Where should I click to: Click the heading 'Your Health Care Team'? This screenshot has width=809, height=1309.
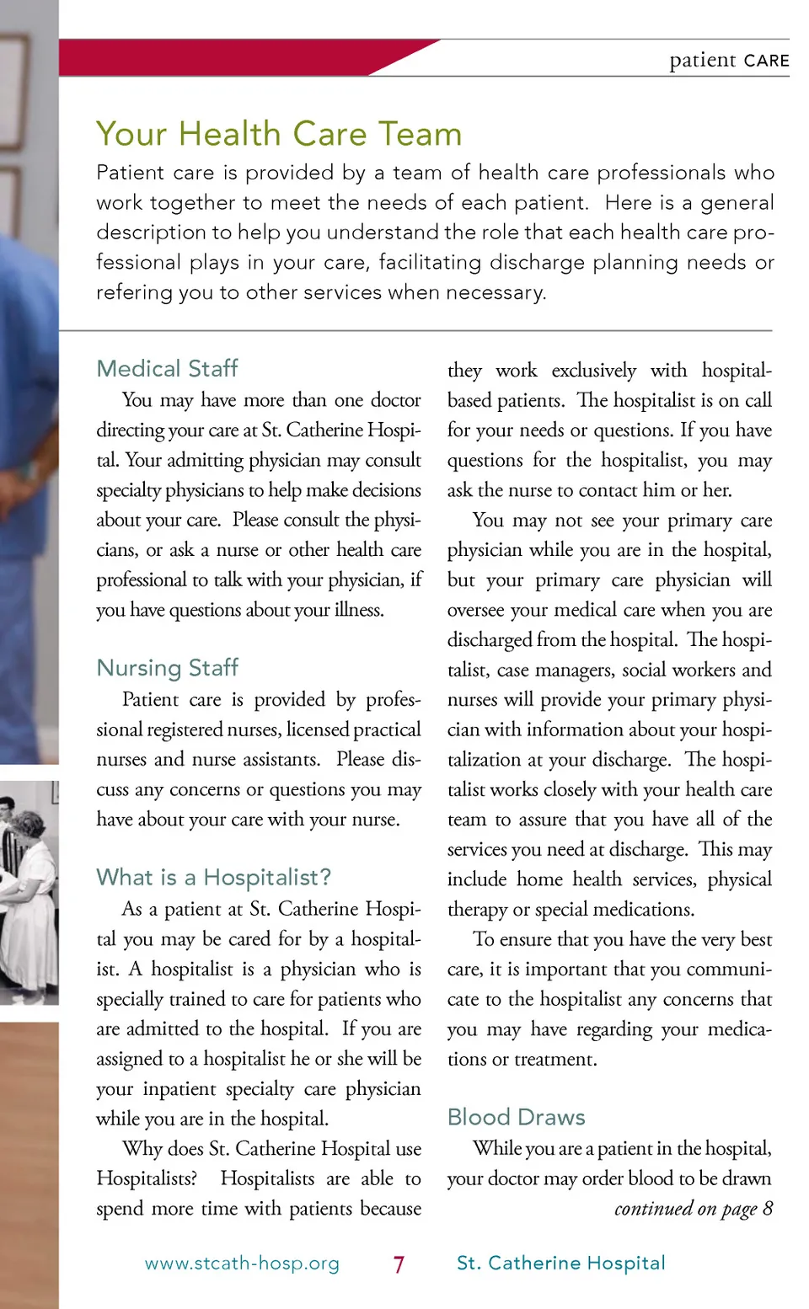click(x=279, y=134)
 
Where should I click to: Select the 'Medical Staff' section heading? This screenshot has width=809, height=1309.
click(x=167, y=368)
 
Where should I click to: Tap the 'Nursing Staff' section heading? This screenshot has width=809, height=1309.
click(x=167, y=668)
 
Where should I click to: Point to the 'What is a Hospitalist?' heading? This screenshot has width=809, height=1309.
click(x=213, y=878)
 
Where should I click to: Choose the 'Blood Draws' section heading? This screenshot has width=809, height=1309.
click(x=516, y=1117)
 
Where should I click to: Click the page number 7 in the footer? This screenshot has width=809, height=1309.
click(x=399, y=1264)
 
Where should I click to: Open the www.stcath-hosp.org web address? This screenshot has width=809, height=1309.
click(x=242, y=1264)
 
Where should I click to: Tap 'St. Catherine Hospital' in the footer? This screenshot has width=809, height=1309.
click(x=560, y=1263)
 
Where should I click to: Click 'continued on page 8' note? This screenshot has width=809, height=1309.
click(x=693, y=1209)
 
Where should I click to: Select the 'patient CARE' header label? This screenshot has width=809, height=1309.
click(x=729, y=60)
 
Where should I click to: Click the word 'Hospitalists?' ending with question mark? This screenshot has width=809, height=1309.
click(x=147, y=1178)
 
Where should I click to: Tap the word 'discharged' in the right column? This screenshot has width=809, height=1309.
click(x=489, y=640)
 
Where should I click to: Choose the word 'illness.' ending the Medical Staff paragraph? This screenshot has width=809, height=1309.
click(x=359, y=610)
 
